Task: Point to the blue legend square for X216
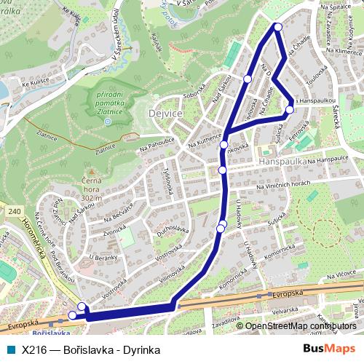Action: pos(9,349)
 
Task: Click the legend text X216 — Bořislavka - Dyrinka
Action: pos(91,349)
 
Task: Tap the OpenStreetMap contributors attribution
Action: pos(301,326)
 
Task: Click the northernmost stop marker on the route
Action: pos(277,27)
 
